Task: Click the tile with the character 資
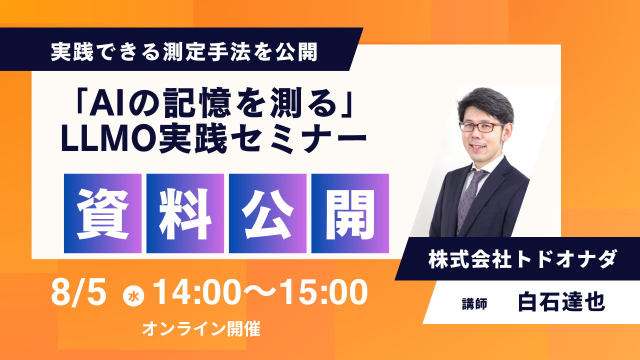(102, 213)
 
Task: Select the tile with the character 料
(185, 213)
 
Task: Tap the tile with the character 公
(267, 213)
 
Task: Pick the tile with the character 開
(350, 213)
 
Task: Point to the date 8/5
(79, 293)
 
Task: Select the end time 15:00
(325, 292)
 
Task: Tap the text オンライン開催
(201, 329)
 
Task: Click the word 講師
(474, 303)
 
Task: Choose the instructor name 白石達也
(561, 302)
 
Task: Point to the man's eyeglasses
(481, 127)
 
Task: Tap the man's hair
(485, 104)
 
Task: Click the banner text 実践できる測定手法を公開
(184, 51)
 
